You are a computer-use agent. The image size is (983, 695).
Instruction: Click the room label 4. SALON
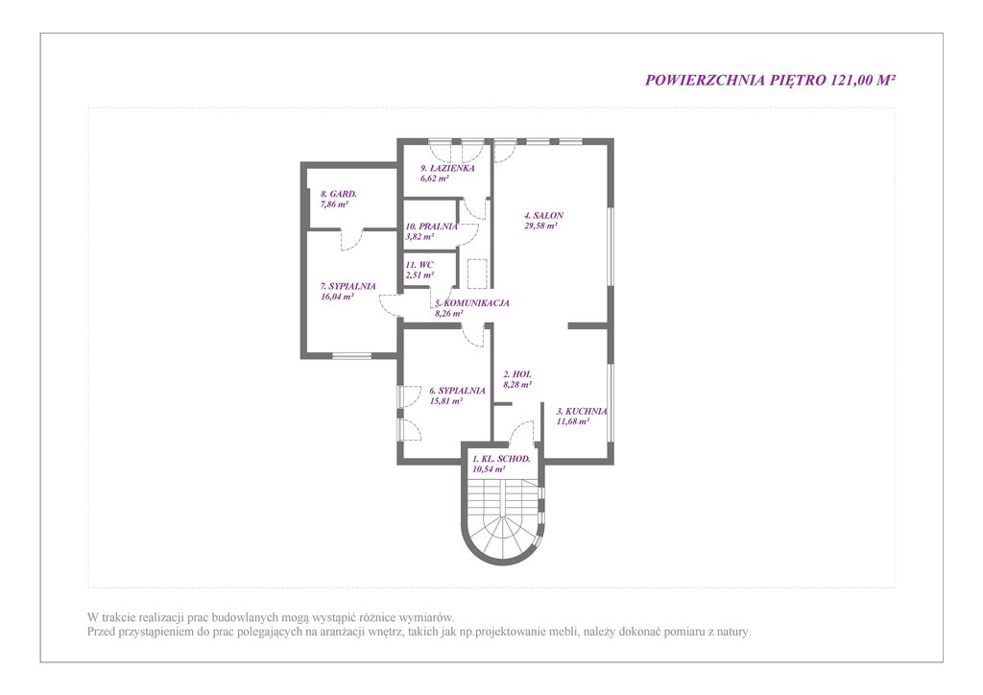(x=543, y=216)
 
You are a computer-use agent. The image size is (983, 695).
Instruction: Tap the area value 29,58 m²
(x=540, y=227)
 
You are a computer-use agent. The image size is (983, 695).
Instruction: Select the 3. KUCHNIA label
(x=582, y=412)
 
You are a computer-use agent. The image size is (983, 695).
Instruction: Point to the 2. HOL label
(x=517, y=374)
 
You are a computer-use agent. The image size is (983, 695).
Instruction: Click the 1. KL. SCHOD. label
(x=501, y=459)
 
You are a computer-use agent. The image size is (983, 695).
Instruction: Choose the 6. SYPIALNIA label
(x=457, y=391)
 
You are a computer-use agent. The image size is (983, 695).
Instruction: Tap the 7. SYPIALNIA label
(x=348, y=286)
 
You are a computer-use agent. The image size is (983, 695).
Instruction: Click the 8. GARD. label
(x=339, y=194)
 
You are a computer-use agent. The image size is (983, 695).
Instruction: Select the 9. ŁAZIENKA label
(x=447, y=168)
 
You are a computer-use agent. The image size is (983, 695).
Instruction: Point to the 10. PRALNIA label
(x=431, y=227)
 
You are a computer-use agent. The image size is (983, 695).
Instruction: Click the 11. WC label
(x=419, y=265)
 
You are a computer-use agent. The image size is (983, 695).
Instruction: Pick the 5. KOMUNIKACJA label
(x=472, y=303)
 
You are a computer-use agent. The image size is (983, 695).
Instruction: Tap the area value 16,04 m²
(x=337, y=297)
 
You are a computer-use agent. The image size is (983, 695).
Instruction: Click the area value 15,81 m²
(x=445, y=401)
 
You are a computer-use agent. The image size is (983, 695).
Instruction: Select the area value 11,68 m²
(x=573, y=422)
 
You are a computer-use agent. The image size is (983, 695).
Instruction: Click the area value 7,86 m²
(x=334, y=204)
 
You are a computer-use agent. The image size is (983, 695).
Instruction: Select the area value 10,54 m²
(x=489, y=469)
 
